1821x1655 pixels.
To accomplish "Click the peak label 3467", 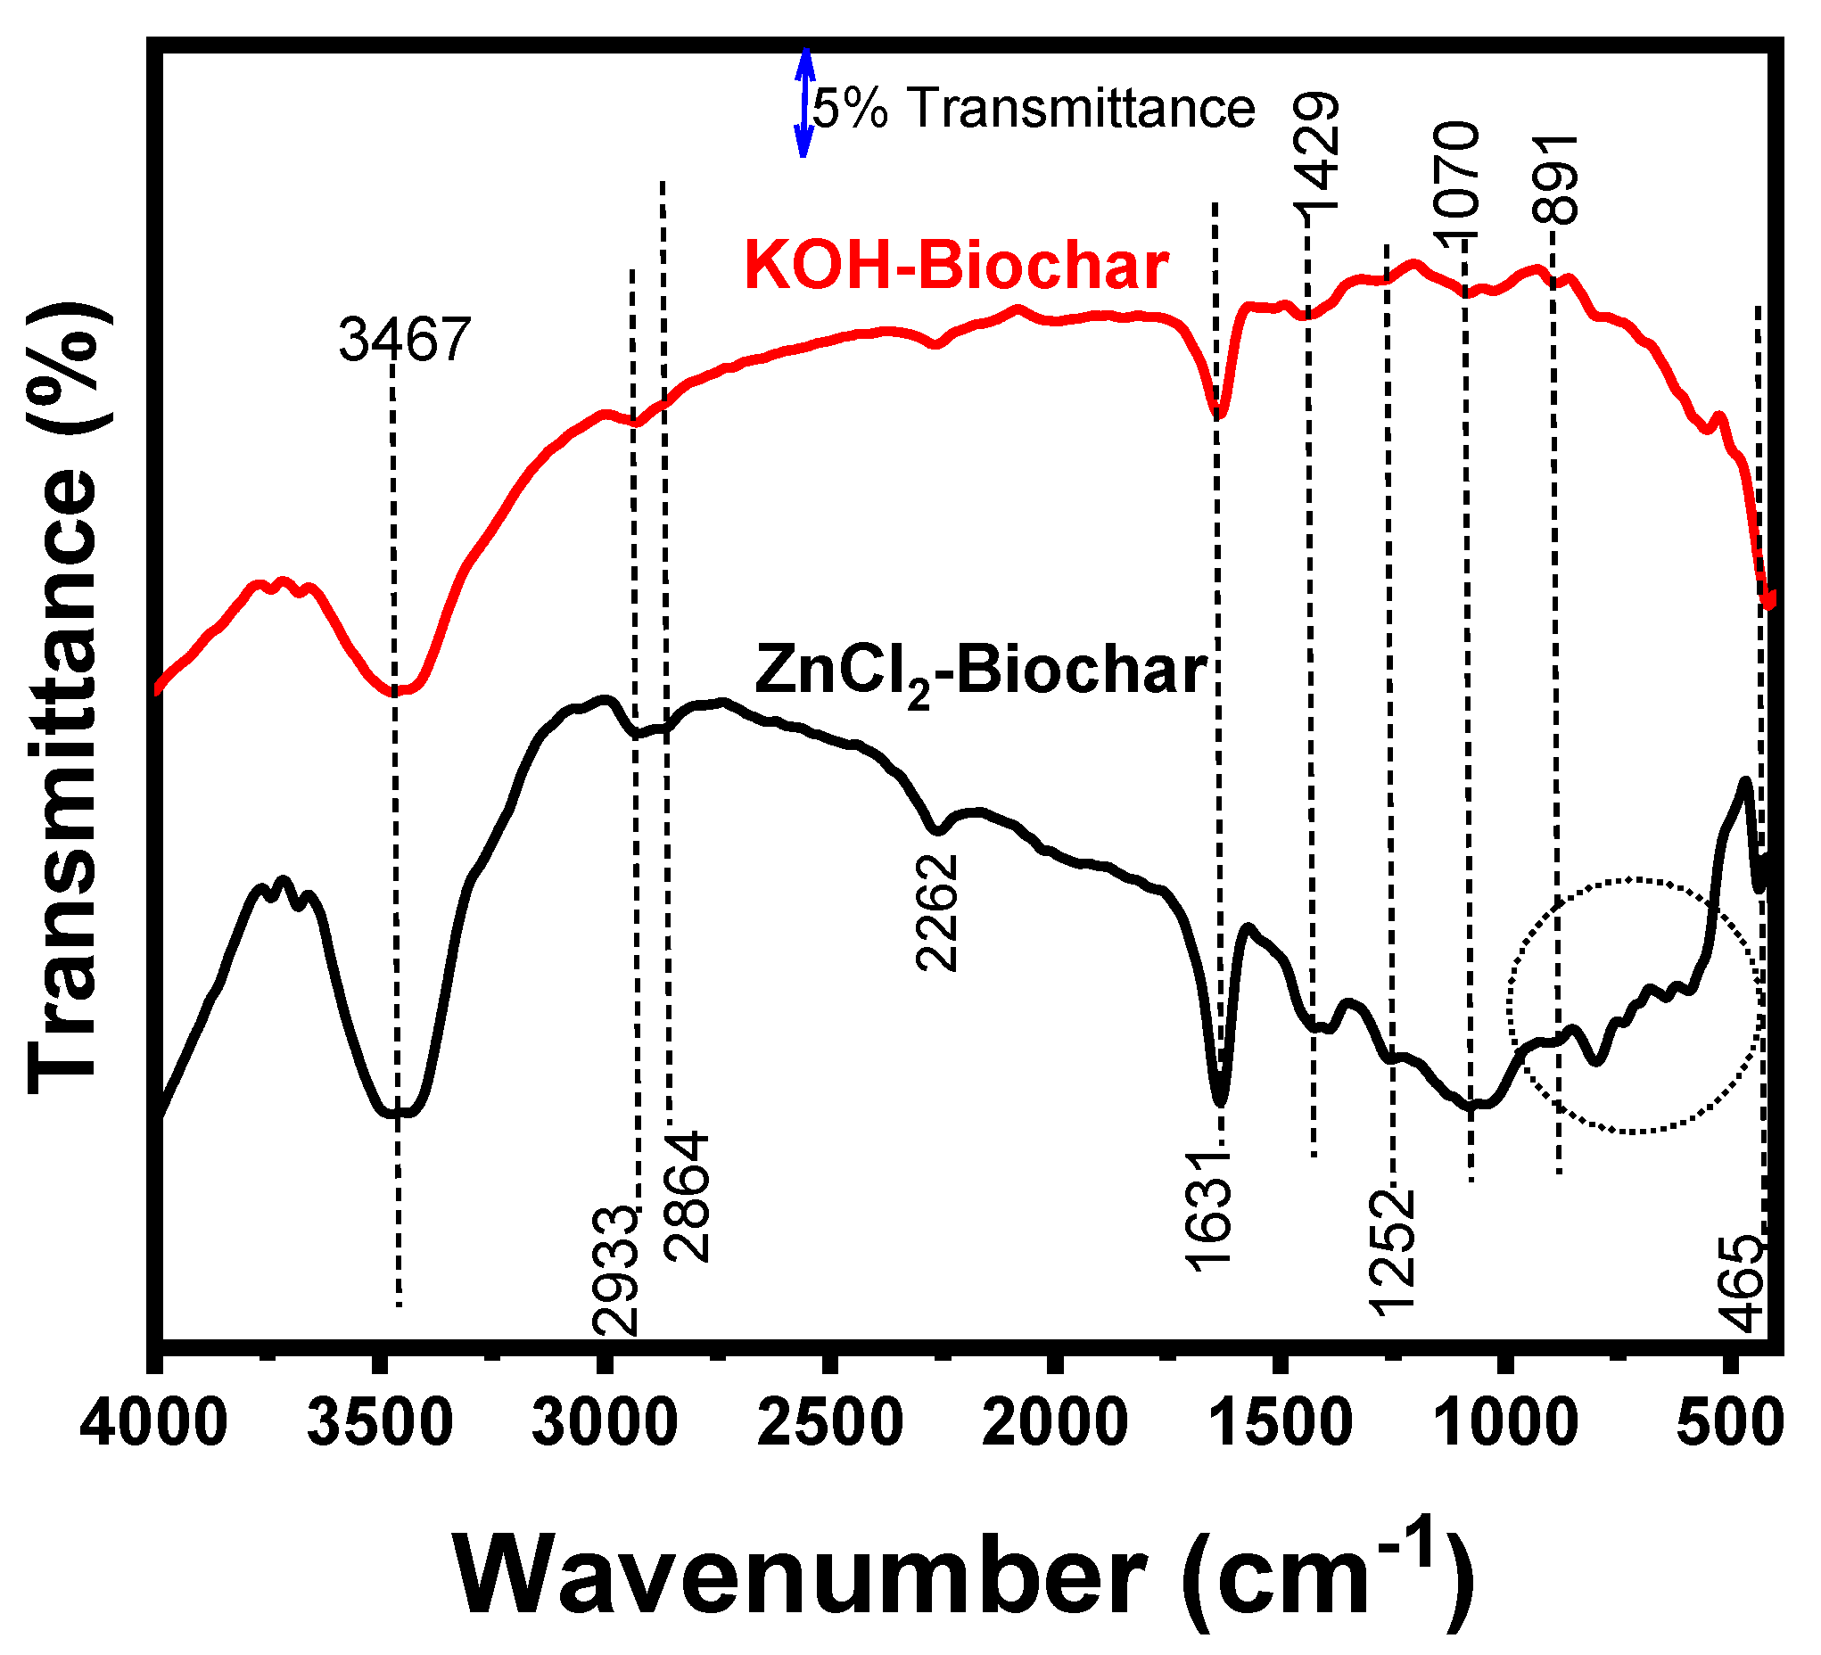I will [405, 341].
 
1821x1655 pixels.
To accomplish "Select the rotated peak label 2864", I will [688, 1197].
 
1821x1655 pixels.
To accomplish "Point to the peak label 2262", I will [936, 913].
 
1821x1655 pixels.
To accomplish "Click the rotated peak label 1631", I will [1209, 1212].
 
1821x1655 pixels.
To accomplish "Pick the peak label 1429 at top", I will [1316, 152].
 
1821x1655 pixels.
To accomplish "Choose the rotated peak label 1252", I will [1392, 1252].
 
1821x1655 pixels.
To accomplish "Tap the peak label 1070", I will [1457, 181].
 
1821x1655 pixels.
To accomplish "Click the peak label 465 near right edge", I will [1743, 1284].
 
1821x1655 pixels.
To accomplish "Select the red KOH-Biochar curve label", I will [957, 266].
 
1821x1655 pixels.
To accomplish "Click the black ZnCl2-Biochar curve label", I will [981, 673].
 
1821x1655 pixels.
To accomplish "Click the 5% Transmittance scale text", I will [1034, 109].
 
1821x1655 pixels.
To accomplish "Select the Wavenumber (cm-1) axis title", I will [964, 1577].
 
